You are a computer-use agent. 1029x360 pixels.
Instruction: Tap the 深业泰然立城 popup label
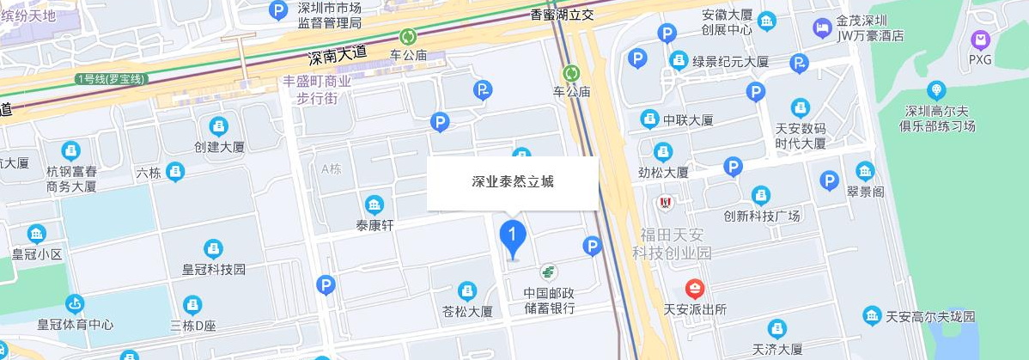[512, 182]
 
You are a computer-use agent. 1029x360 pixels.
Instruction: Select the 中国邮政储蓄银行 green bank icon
[548, 272]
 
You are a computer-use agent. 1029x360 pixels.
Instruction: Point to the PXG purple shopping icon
[980, 40]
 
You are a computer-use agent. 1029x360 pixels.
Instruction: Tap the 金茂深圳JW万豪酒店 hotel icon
[822, 27]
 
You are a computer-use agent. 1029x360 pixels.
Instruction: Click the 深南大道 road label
[338, 56]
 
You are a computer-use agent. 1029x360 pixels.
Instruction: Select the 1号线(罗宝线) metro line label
[112, 79]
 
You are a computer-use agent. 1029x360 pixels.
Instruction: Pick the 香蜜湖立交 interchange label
[563, 14]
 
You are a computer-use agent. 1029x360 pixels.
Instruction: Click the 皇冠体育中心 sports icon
[76, 304]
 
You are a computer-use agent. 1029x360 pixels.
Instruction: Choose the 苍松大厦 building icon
[466, 290]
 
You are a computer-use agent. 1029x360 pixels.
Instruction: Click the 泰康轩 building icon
[374, 204]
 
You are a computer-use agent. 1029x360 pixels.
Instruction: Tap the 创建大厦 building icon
[219, 125]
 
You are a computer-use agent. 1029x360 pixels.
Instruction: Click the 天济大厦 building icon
[776, 328]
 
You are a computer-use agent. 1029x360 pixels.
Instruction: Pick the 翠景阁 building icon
[865, 170]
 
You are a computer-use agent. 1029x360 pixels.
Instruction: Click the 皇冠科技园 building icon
[213, 248]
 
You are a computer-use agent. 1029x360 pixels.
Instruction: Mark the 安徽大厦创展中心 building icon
[766, 19]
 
